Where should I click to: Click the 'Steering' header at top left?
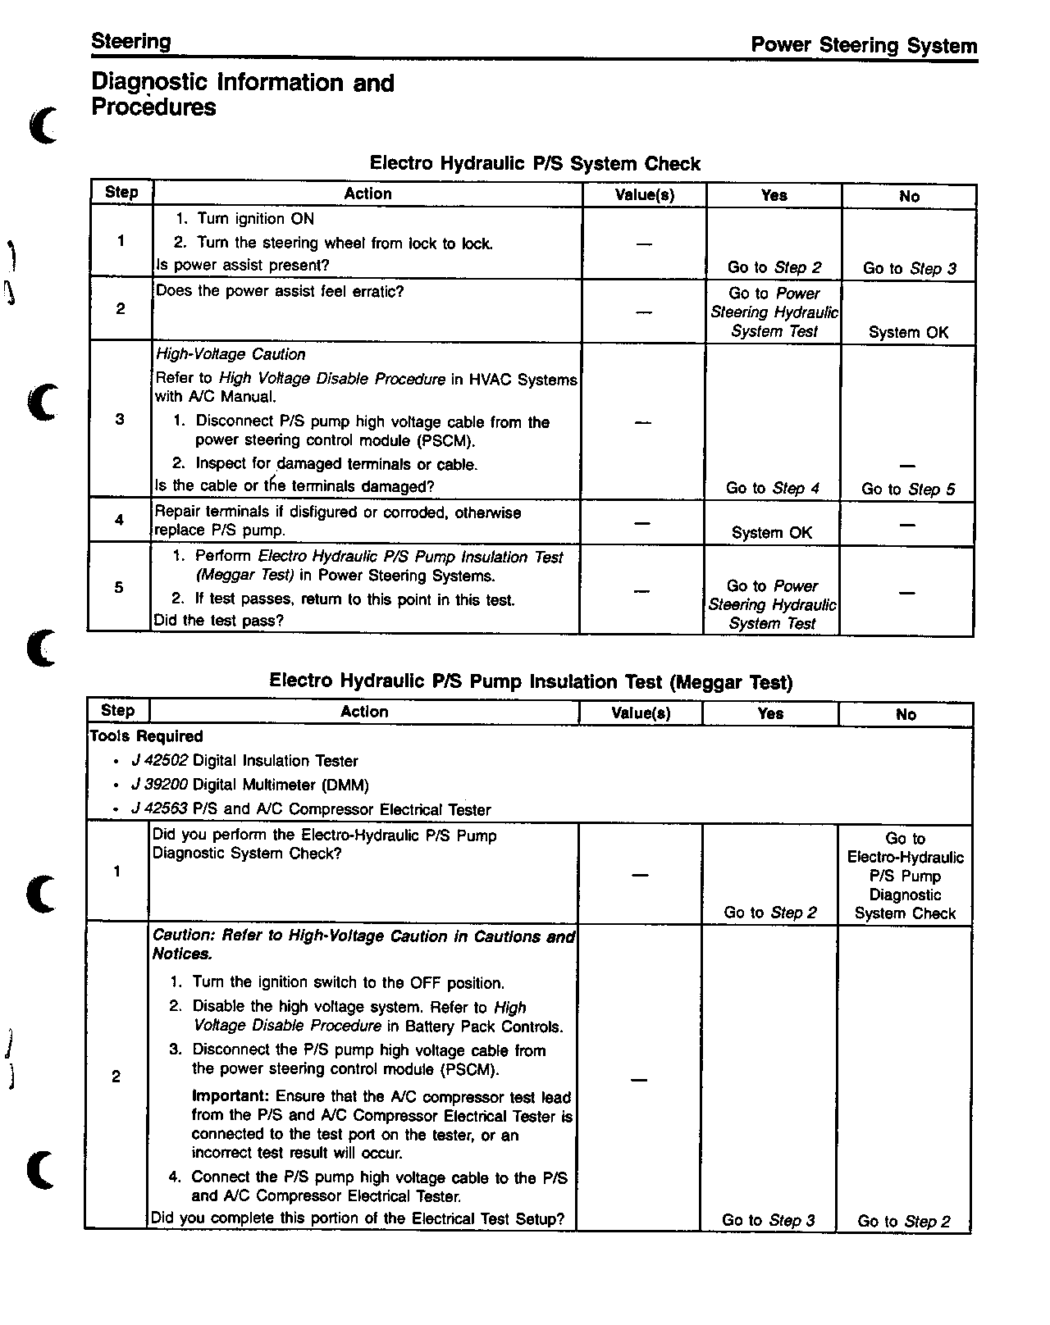pyautogui.click(x=131, y=42)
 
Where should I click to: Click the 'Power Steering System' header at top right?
pyautogui.click(x=864, y=46)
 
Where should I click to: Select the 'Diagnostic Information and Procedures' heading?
pyautogui.click(x=243, y=94)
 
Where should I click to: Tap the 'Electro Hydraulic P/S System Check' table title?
pyautogui.click(x=535, y=163)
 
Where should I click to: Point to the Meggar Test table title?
pyautogui.click(x=531, y=681)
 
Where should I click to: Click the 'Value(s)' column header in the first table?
pyautogui.click(x=645, y=194)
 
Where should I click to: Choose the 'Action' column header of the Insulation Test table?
pyautogui.click(x=364, y=712)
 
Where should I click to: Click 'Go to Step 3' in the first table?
pyautogui.click(x=909, y=268)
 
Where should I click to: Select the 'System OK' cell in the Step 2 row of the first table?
pyautogui.click(x=908, y=332)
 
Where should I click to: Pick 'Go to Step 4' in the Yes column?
pyautogui.click(x=772, y=488)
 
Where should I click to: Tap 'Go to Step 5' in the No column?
pyautogui.click(x=908, y=489)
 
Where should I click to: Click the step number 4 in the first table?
pyautogui.click(x=119, y=519)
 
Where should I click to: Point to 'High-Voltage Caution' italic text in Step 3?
pyautogui.click(x=231, y=354)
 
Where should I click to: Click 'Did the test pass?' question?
pyautogui.click(x=219, y=620)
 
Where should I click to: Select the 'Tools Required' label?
pyautogui.click(x=146, y=736)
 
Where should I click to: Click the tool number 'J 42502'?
pyautogui.click(x=159, y=761)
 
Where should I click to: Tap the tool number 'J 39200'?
pyautogui.click(x=159, y=785)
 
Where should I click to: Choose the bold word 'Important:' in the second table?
pyautogui.click(x=231, y=1096)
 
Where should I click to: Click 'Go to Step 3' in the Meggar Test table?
pyautogui.click(x=769, y=1220)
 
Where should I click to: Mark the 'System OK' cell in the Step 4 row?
pyautogui.click(x=771, y=532)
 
